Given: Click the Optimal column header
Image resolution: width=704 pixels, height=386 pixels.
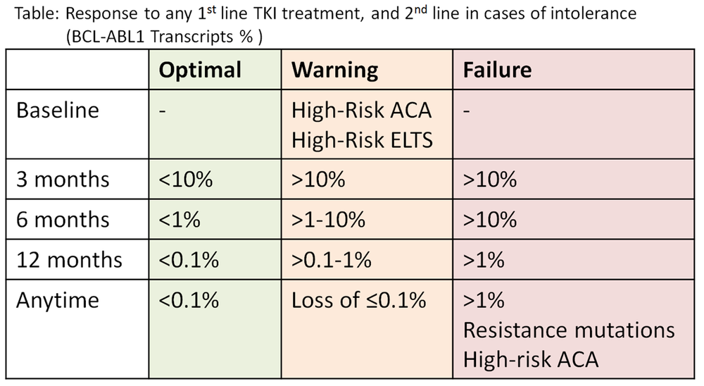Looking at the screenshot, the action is [x=200, y=70].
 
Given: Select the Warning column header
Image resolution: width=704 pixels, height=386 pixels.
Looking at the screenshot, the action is [x=334, y=70].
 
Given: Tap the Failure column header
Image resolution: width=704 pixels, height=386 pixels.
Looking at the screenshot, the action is [x=497, y=70].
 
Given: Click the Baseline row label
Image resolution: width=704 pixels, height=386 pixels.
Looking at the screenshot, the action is [x=58, y=110].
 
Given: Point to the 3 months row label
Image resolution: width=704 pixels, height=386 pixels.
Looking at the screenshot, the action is [x=63, y=180].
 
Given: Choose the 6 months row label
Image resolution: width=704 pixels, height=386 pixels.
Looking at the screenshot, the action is [x=63, y=220].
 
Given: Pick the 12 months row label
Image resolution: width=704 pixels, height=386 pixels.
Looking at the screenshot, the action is [x=69, y=260].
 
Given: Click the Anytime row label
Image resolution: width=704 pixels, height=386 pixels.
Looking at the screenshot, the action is [x=58, y=301].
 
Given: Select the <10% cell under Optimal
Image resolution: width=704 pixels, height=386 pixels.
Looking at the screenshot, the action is [x=185, y=180].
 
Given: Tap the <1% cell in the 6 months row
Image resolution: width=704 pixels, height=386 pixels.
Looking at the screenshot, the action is [x=179, y=220].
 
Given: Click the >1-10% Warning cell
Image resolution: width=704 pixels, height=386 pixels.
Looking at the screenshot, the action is [x=328, y=220].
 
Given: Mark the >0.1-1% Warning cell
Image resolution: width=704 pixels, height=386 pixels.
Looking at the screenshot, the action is [x=332, y=260].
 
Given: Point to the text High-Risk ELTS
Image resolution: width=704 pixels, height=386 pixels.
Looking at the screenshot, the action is [x=362, y=139].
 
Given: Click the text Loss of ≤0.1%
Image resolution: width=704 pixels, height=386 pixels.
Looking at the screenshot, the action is [x=358, y=300].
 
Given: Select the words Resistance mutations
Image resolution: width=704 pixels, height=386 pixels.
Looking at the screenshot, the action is [x=569, y=330].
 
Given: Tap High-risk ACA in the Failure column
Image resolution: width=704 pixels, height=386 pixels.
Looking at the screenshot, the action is [x=531, y=359].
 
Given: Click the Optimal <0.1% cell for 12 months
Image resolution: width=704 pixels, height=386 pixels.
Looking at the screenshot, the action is [x=189, y=260].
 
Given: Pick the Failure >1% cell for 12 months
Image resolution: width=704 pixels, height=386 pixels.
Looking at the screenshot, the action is [x=484, y=260].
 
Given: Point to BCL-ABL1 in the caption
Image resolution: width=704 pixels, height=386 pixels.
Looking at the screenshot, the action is [x=108, y=37].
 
